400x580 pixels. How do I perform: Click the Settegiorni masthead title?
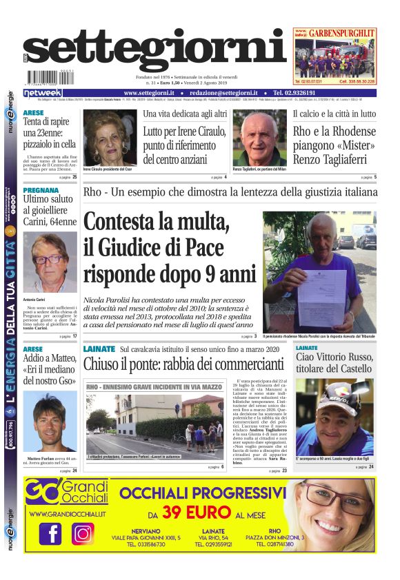point(155,51)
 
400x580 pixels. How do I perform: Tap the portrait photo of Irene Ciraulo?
point(110,137)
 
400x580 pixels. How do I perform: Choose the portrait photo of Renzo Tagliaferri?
point(259,138)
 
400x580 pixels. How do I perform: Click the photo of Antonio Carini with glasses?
point(50,262)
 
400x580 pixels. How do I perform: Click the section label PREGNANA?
point(40,191)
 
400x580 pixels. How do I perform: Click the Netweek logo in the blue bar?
point(42,93)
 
